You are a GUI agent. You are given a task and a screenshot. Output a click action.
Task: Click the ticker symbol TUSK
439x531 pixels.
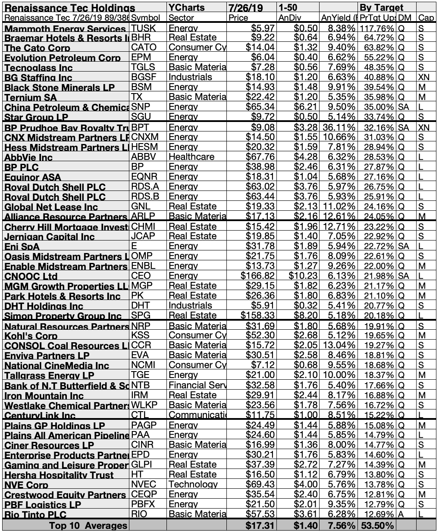click(141, 28)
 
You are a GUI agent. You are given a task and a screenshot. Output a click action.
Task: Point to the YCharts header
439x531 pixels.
click(186, 8)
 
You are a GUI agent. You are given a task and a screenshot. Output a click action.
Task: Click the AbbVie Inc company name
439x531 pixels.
click(28, 157)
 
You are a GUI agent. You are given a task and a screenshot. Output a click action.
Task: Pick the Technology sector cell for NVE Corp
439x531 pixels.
click(193, 484)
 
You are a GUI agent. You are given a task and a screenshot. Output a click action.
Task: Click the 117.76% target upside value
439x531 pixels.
click(376, 28)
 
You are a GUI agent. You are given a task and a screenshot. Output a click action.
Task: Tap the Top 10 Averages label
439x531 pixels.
click(88, 525)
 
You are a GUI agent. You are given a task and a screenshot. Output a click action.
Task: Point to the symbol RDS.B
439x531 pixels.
click(143, 197)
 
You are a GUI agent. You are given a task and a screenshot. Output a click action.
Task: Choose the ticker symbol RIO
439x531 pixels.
click(139, 514)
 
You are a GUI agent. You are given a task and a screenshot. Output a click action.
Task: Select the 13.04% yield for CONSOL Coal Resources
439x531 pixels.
click(339, 345)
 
